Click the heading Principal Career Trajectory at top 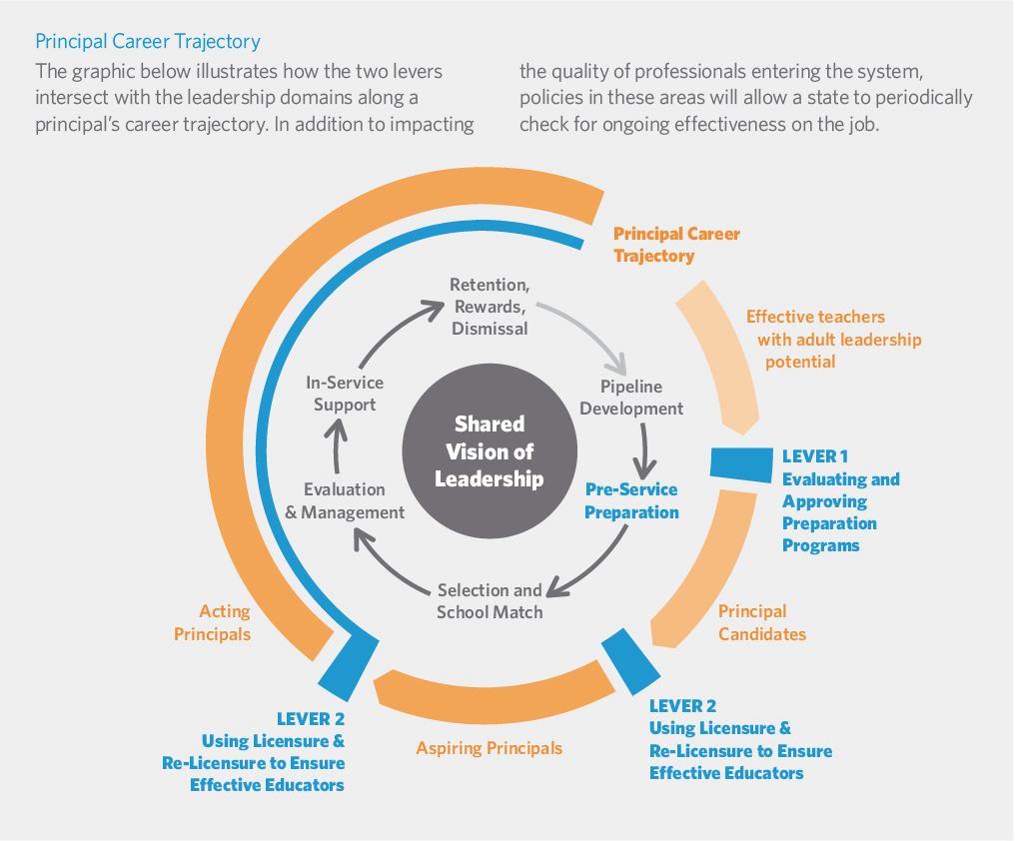(x=148, y=42)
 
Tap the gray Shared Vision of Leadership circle (x=489, y=451)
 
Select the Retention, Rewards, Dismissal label (x=489, y=306)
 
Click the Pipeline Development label (x=631, y=398)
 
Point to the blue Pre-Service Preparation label (x=631, y=500)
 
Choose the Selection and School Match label (x=490, y=600)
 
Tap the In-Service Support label (x=345, y=394)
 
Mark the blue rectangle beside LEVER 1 (x=743, y=462)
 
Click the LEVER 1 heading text (x=815, y=456)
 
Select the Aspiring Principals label (x=490, y=748)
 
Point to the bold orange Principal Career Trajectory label (x=676, y=245)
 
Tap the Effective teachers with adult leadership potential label (x=834, y=339)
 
